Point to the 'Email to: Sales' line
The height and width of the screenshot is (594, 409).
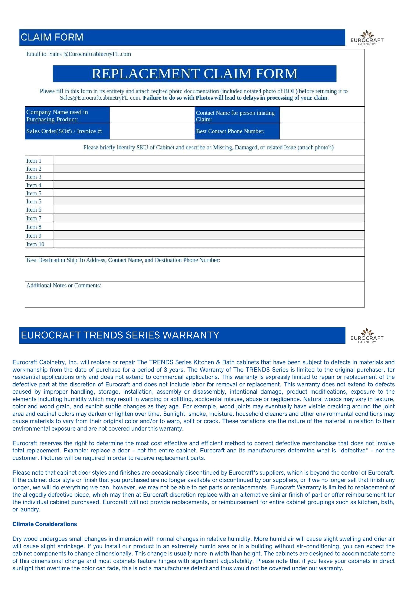click(x=78, y=54)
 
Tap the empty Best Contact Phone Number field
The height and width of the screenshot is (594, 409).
click(x=322, y=131)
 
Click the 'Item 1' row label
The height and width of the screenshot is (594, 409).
click(x=34, y=161)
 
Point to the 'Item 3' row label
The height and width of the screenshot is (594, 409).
click(x=34, y=177)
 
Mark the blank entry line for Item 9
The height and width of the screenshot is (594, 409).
click(x=209, y=235)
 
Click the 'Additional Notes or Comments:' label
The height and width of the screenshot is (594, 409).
click(x=64, y=286)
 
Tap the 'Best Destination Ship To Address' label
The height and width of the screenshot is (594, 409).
click(x=123, y=260)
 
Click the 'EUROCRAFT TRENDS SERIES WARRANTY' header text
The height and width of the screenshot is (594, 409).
click(x=120, y=335)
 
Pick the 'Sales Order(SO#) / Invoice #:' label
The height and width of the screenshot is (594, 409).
click(x=64, y=131)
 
